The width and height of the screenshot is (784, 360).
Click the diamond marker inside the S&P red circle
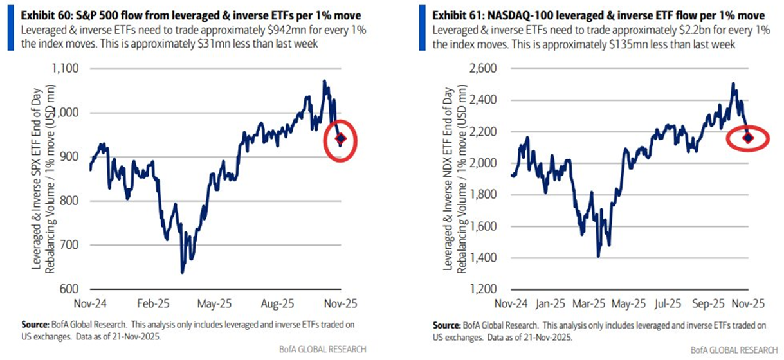pos(341,138)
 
